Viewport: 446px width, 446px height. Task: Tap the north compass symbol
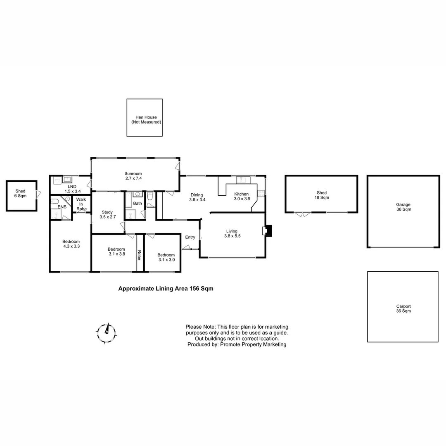pyautogui.click(x=107, y=330)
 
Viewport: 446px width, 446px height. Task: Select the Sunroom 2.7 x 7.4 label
pyautogui.click(x=133, y=176)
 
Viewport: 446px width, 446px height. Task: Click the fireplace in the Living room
pyautogui.click(x=268, y=231)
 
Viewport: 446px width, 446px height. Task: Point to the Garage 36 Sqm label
pyautogui.click(x=403, y=207)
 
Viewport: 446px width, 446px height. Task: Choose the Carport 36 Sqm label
pyautogui.click(x=403, y=308)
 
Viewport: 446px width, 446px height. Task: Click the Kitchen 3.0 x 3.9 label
pyautogui.click(x=241, y=196)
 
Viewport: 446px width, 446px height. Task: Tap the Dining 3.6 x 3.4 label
pyautogui.click(x=197, y=197)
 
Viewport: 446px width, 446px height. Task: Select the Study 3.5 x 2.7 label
pyautogui.click(x=107, y=214)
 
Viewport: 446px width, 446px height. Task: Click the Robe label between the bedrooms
pyautogui.click(x=140, y=255)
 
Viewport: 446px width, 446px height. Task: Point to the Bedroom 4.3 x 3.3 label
pyautogui.click(x=71, y=244)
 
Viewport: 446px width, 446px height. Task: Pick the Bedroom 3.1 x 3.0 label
pyautogui.click(x=166, y=257)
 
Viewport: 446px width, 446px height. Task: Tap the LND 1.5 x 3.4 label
pyautogui.click(x=72, y=189)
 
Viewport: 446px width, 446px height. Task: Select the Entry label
pyautogui.click(x=190, y=237)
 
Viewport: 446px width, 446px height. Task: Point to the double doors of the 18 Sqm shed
pyautogui.click(x=302, y=214)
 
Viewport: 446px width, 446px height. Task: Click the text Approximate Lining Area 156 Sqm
pyautogui.click(x=166, y=289)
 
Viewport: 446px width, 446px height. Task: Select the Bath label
pyautogui.click(x=137, y=203)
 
